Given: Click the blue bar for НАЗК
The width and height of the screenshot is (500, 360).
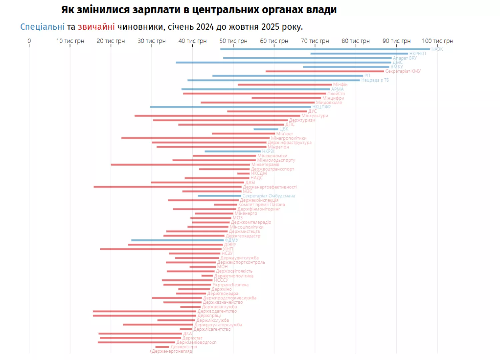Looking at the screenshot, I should (325, 49).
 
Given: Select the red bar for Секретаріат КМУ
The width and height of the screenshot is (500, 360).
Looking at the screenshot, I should (325, 71).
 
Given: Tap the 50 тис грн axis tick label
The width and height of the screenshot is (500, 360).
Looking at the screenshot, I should (233, 41).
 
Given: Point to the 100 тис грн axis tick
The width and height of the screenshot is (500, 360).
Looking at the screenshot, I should (437, 41).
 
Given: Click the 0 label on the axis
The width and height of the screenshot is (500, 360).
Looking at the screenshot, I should (29, 41).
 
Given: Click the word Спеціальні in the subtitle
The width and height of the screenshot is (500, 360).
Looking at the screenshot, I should (42, 27).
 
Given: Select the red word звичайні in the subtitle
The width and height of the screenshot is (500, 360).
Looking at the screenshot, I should (96, 27).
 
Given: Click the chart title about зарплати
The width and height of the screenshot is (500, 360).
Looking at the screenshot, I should (199, 10).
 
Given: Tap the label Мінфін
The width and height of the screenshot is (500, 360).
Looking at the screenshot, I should (340, 85).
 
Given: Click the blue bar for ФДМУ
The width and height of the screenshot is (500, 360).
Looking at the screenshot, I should (177, 240).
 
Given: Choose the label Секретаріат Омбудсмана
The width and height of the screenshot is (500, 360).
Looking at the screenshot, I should (269, 196).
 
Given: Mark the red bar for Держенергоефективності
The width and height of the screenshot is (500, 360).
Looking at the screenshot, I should (168, 187).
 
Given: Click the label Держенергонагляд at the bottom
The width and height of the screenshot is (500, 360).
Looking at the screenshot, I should (172, 351).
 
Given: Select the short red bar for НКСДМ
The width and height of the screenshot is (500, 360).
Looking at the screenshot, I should (243, 174).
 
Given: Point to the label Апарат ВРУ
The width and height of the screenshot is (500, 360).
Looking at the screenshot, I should (405, 58).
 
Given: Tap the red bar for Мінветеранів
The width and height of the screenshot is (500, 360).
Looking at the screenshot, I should (180, 165).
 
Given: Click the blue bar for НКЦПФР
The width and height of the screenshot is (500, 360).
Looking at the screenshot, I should (230, 107).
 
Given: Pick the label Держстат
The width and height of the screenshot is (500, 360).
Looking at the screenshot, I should (192, 338).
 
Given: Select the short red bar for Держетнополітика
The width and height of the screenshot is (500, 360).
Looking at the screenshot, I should (207, 276).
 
